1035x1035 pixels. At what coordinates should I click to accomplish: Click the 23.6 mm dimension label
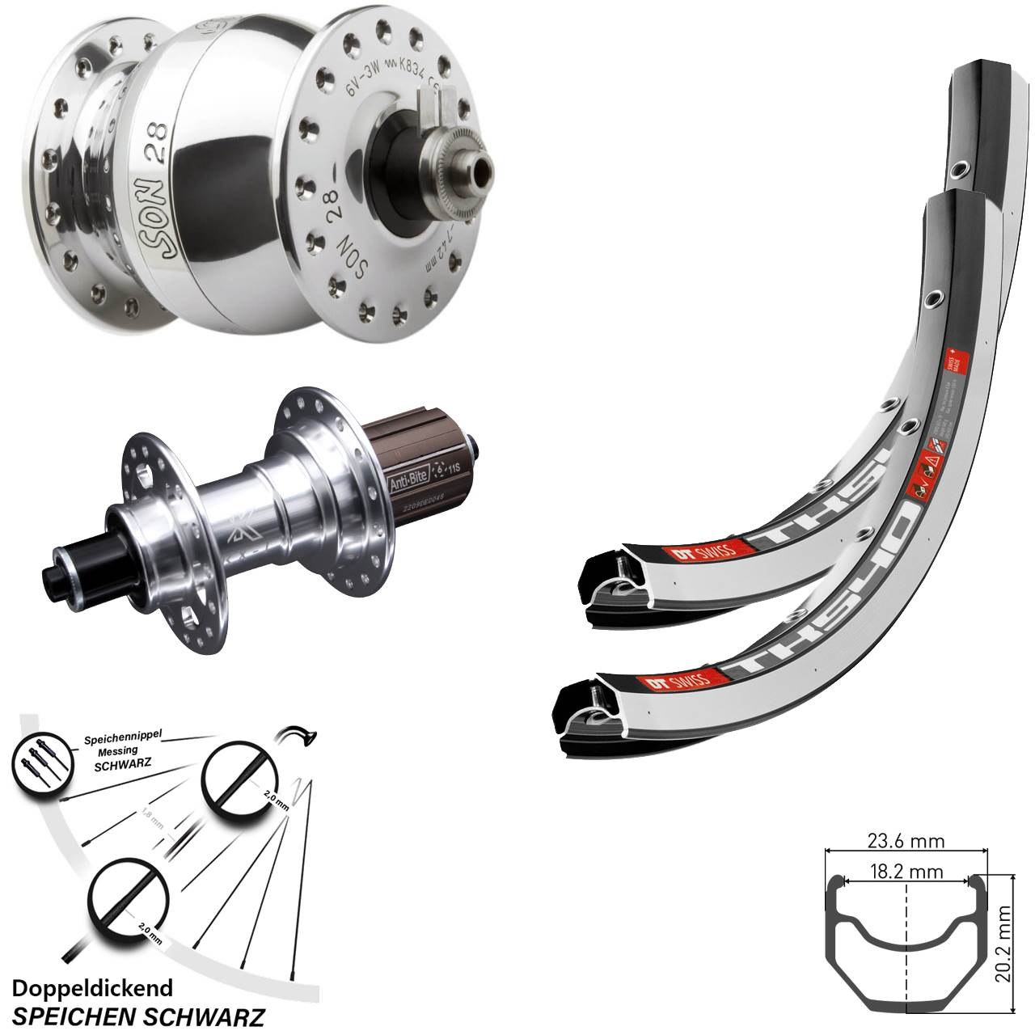906,842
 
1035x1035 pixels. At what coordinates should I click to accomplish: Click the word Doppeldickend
93,987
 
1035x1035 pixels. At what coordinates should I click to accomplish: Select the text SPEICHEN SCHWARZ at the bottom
139,1015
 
